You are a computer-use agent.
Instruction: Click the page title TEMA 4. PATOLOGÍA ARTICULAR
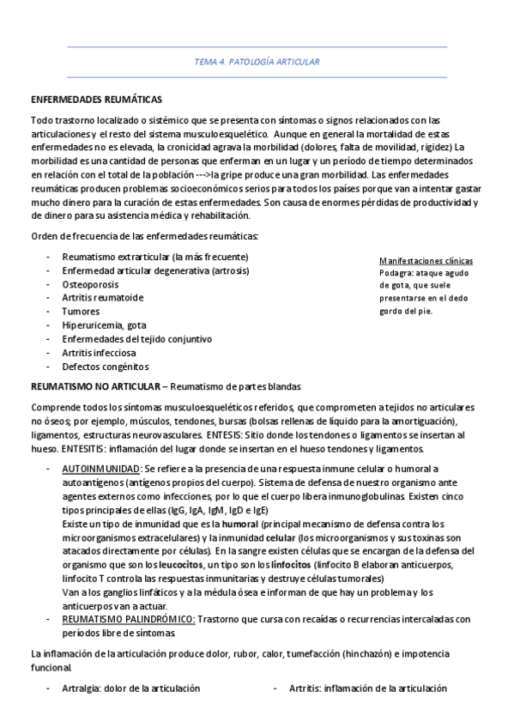pyautogui.click(x=257, y=62)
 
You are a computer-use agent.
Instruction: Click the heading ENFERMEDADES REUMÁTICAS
pyautogui.click(x=96, y=100)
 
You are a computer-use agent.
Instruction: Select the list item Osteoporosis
pyautogui.click(x=90, y=284)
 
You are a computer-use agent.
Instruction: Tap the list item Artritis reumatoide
pyautogui.click(x=103, y=298)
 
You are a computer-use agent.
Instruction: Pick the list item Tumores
pyautogui.click(x=81, y=312)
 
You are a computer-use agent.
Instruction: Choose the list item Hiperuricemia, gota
pyautogui.click(x=104, y=325)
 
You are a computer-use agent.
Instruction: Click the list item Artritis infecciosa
pyautogui.click(x=99, y=353)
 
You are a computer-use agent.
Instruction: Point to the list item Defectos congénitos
pyautogui.click(x=105, y=367)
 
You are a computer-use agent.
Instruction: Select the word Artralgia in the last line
pyautogui.click(x=82, y=689)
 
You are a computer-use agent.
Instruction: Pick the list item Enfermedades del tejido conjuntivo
pyautogui.click(x=136, y=339)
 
